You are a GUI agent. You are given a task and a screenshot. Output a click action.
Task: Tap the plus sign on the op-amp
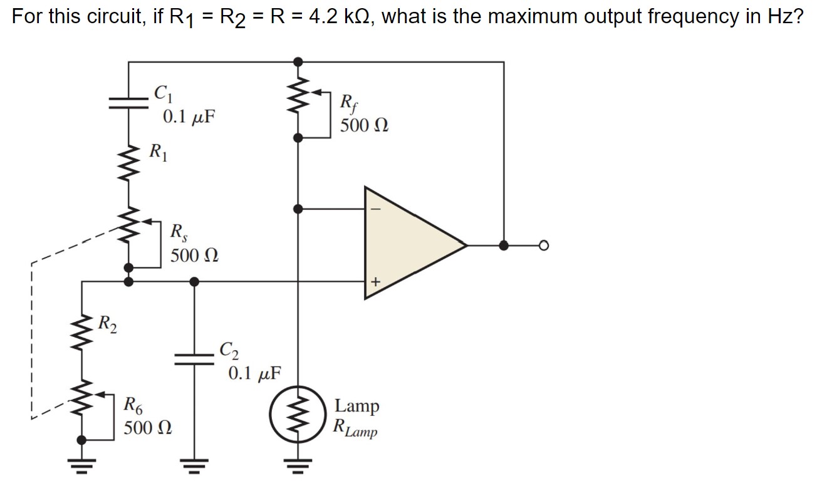click(x=376, y=282)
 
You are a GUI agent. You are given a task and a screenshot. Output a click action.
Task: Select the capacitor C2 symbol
click(x=194, y=358)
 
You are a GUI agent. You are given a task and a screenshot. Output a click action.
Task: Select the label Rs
click(x=179, y=232)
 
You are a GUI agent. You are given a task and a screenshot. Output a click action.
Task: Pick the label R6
click(x=132, y=404)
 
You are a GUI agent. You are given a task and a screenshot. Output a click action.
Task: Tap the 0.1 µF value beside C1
click(x=188, y=117)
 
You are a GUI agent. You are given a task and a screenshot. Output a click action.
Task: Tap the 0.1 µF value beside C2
click(x=254, y=374)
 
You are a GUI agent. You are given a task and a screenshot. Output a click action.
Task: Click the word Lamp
click(x=356, y=406)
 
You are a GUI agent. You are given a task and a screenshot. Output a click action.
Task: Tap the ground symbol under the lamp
click(x=298, y=465)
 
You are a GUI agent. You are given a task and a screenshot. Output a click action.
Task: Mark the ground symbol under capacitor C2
click(x=194, y=465)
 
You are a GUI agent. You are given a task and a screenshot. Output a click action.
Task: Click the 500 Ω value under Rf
click(x=364, y=125)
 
